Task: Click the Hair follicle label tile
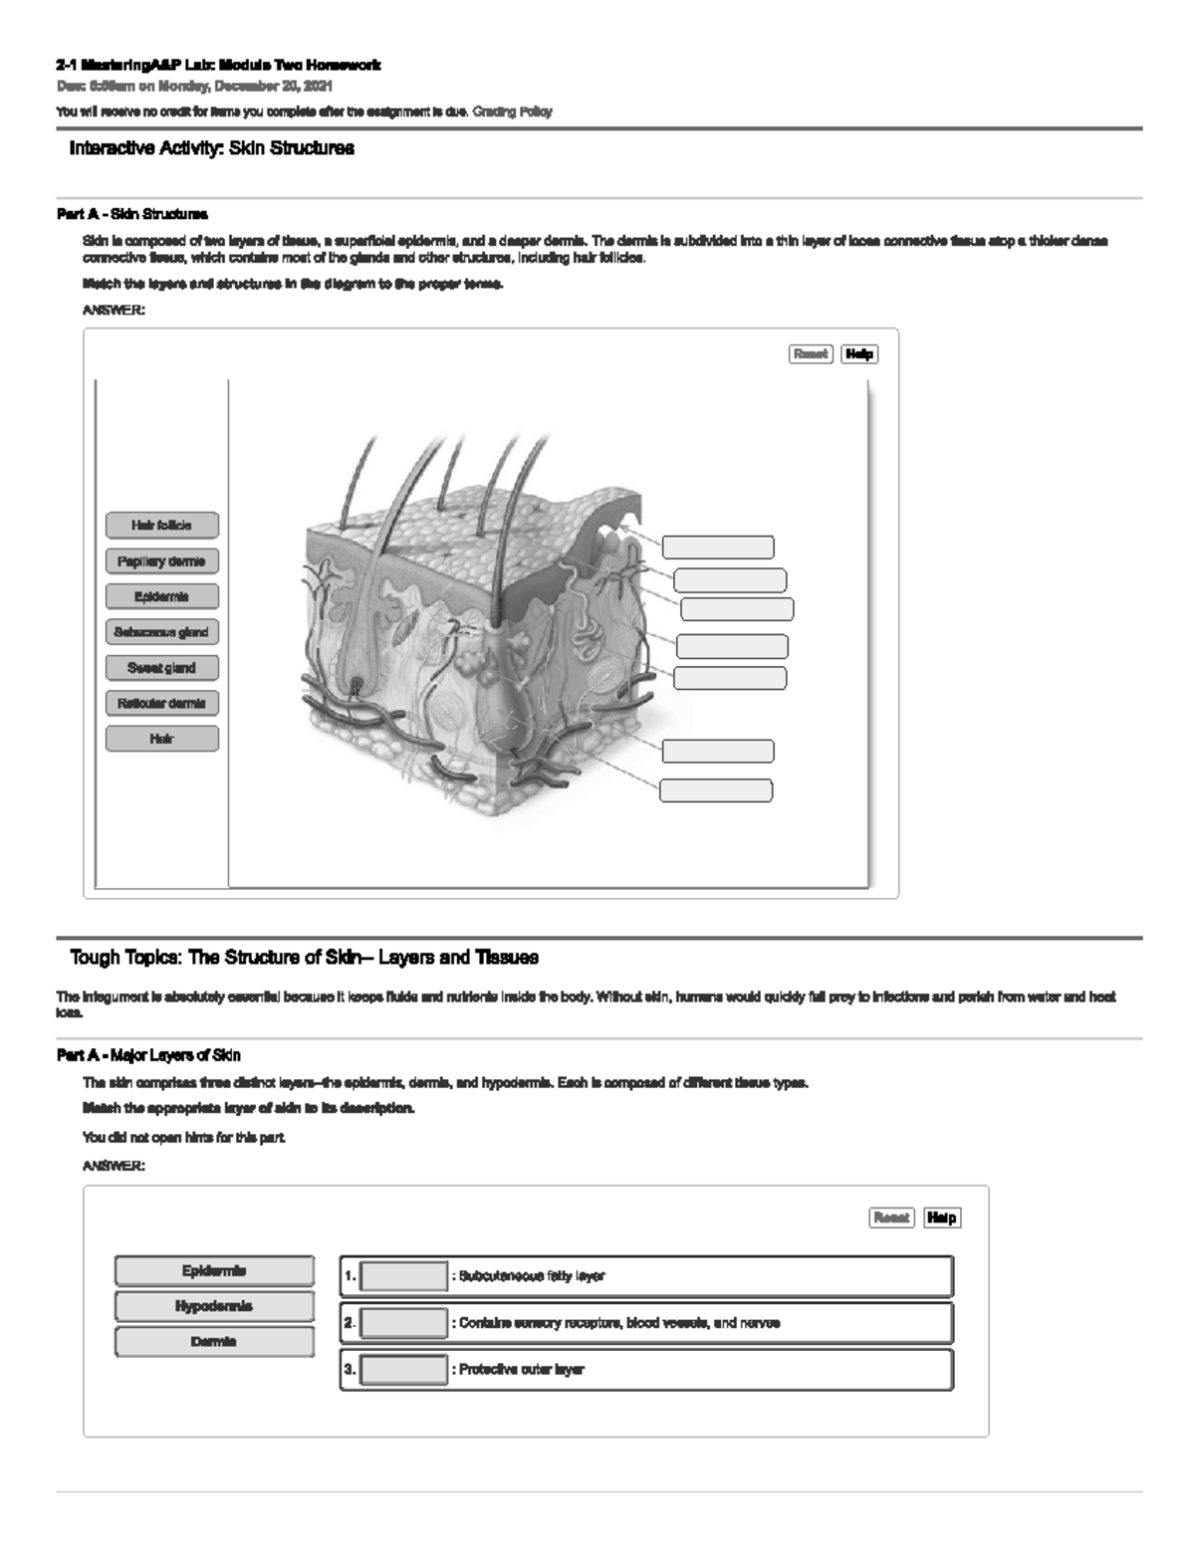pyautogui.click(x=161, y=525)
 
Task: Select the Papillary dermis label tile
pyautogui.click(x=161, y=560)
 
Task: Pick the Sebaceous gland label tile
pyautogui.click(x=161, y=632)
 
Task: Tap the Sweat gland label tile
pyautogui.click(x=161, y=668)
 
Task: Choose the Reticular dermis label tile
pyautogui.click(x=161, y=703)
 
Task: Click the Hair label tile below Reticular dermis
pyautogui.click(x=161, y=739)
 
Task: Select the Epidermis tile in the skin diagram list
pyautogui.click(x=161, y=596)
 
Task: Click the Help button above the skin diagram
pyautogui.click(x=858, y=353)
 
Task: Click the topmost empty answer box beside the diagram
pyautogui.click(x=718, y=547)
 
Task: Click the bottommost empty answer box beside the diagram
pyautogui.click(x=715, y=790)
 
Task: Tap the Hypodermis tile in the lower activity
pyautogui.click(x=214, y=1306)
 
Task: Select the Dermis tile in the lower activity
pyautogui.click(x=214, y=1342)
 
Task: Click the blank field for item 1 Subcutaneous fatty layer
pyautogui.click(x=403, y=1276)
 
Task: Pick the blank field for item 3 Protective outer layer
pyautogui.click(x=403, y=1370)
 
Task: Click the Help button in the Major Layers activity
pyautogui.click(x=941, y=1217)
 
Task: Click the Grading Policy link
pyautogui.click(x=512, y=111)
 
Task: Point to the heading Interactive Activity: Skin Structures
pyautogui.click(x=211, y=148)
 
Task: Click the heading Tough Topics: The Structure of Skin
pyautogui.click(x=304, y=958)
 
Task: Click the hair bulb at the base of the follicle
pyautogui.click(x=357, y=685)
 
